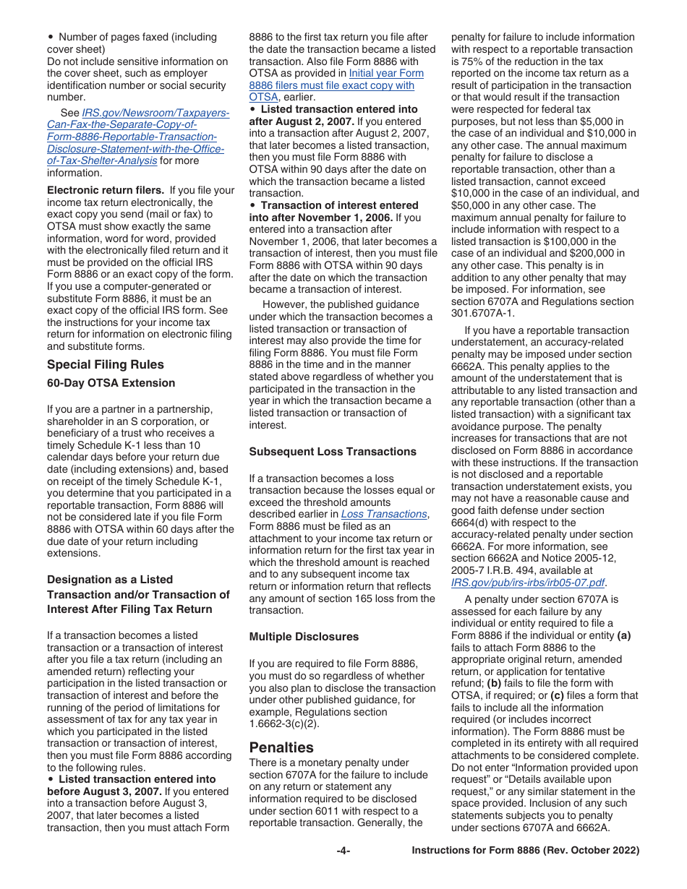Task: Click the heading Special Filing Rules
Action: point(106,364)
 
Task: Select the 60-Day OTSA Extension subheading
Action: point(111,383)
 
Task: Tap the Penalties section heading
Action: point(281,747)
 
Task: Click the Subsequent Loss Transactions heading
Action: point(333,452)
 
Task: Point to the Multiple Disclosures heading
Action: point(304,637)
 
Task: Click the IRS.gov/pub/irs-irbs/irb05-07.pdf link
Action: point(528,582)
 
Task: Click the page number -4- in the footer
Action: point(343,851)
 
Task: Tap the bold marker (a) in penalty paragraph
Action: point(623,635)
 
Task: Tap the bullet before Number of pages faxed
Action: point(50,37)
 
